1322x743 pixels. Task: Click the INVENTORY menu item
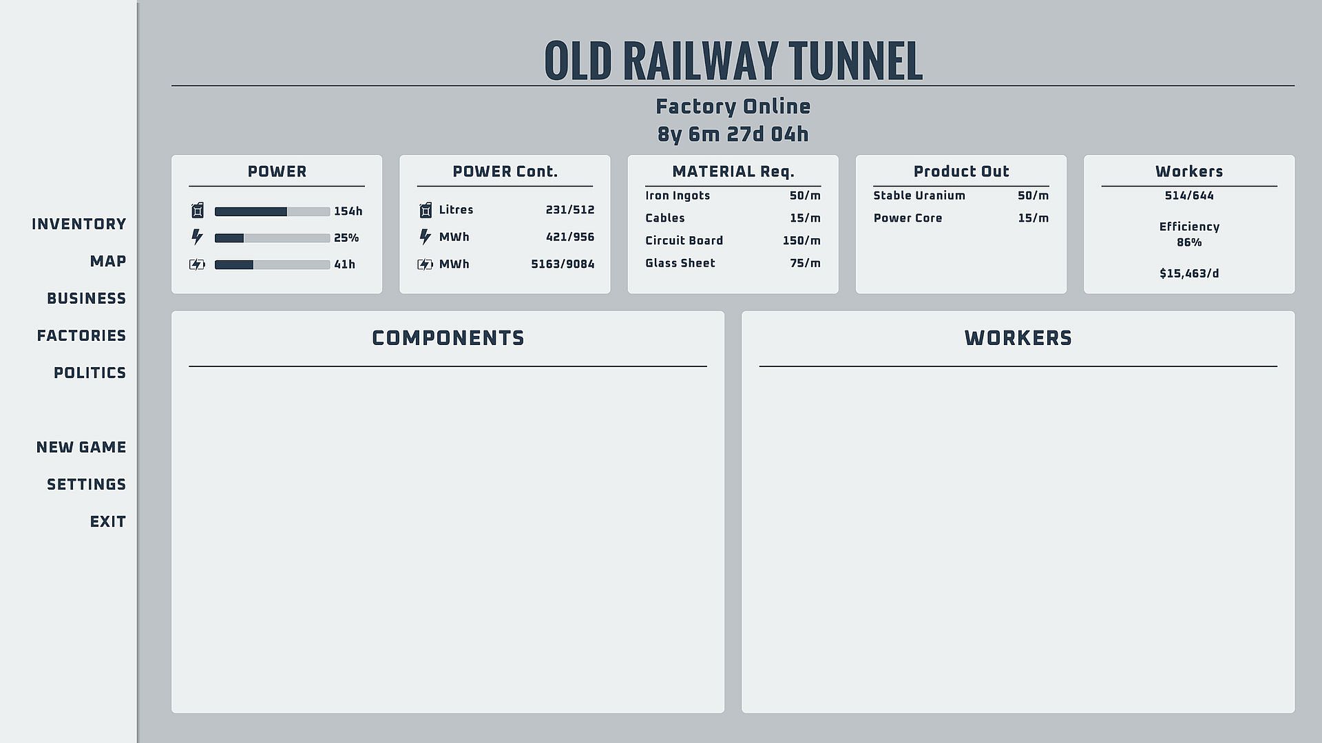(78, 224)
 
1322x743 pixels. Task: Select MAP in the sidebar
(107, 262)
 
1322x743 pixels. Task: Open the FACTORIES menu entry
(81, 336)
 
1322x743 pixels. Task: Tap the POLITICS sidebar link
(90, 373)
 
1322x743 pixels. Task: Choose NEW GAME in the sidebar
(81, 448)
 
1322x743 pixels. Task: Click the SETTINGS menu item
(86, 485)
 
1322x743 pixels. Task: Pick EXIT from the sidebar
(107, 522)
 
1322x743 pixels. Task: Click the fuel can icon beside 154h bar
(198, 211)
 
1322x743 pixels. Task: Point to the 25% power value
(346, 238)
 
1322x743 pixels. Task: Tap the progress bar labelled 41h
(272, 265)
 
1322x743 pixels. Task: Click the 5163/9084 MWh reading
(563, 264)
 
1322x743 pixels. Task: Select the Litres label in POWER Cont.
(456, 210)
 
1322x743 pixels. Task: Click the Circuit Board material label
(684, 241)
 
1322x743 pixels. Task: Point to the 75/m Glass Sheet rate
(805, 264)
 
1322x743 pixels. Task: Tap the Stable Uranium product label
(919, 196)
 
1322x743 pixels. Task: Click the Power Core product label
(907, 218)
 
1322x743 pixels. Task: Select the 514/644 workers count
(1189, 196)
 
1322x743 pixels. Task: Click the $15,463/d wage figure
(1189, 274)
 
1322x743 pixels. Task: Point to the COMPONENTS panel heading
(448, 338)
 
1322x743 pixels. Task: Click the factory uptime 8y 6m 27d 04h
(733, 134)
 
